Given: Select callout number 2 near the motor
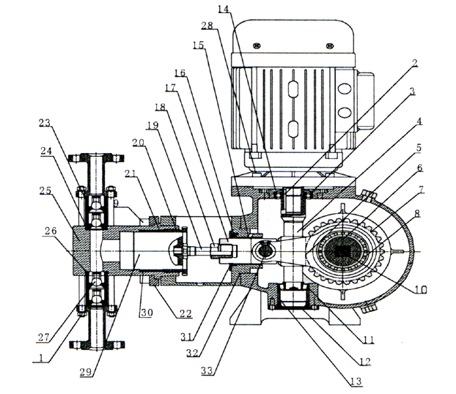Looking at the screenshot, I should (415, 63).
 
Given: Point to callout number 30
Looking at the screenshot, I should (146, 313).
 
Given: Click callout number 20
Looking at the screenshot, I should (139, 142).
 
